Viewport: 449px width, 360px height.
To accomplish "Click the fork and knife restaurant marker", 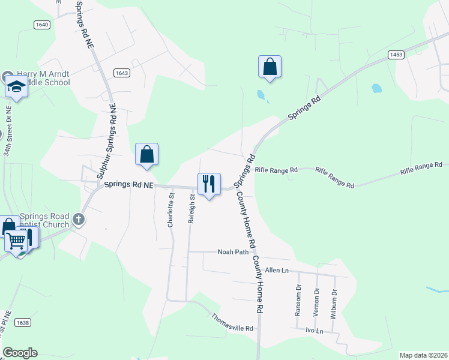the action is tap(209, 184).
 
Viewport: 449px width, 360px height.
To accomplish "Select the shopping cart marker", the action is tap(17, 241).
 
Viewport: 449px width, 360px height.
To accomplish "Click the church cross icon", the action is tap(78, 220).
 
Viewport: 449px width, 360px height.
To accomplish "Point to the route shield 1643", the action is tap(122, 73).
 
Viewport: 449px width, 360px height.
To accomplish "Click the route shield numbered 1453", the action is tap(396, 55).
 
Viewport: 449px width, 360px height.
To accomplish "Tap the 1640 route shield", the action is tap(41, 25).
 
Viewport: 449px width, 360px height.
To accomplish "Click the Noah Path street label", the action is tap(233, 252).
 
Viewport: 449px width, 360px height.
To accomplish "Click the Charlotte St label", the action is tap(171, 209).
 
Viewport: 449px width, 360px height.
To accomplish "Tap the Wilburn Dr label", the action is tap(334, 304).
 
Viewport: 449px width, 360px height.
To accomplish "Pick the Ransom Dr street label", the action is tap(298, 304).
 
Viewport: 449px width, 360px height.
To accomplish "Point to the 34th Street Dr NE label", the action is tap(8, 132).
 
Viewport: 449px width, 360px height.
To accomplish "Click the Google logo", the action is tap(20, 353).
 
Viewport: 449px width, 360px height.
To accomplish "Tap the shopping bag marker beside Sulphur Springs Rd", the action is tap(146, 155).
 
